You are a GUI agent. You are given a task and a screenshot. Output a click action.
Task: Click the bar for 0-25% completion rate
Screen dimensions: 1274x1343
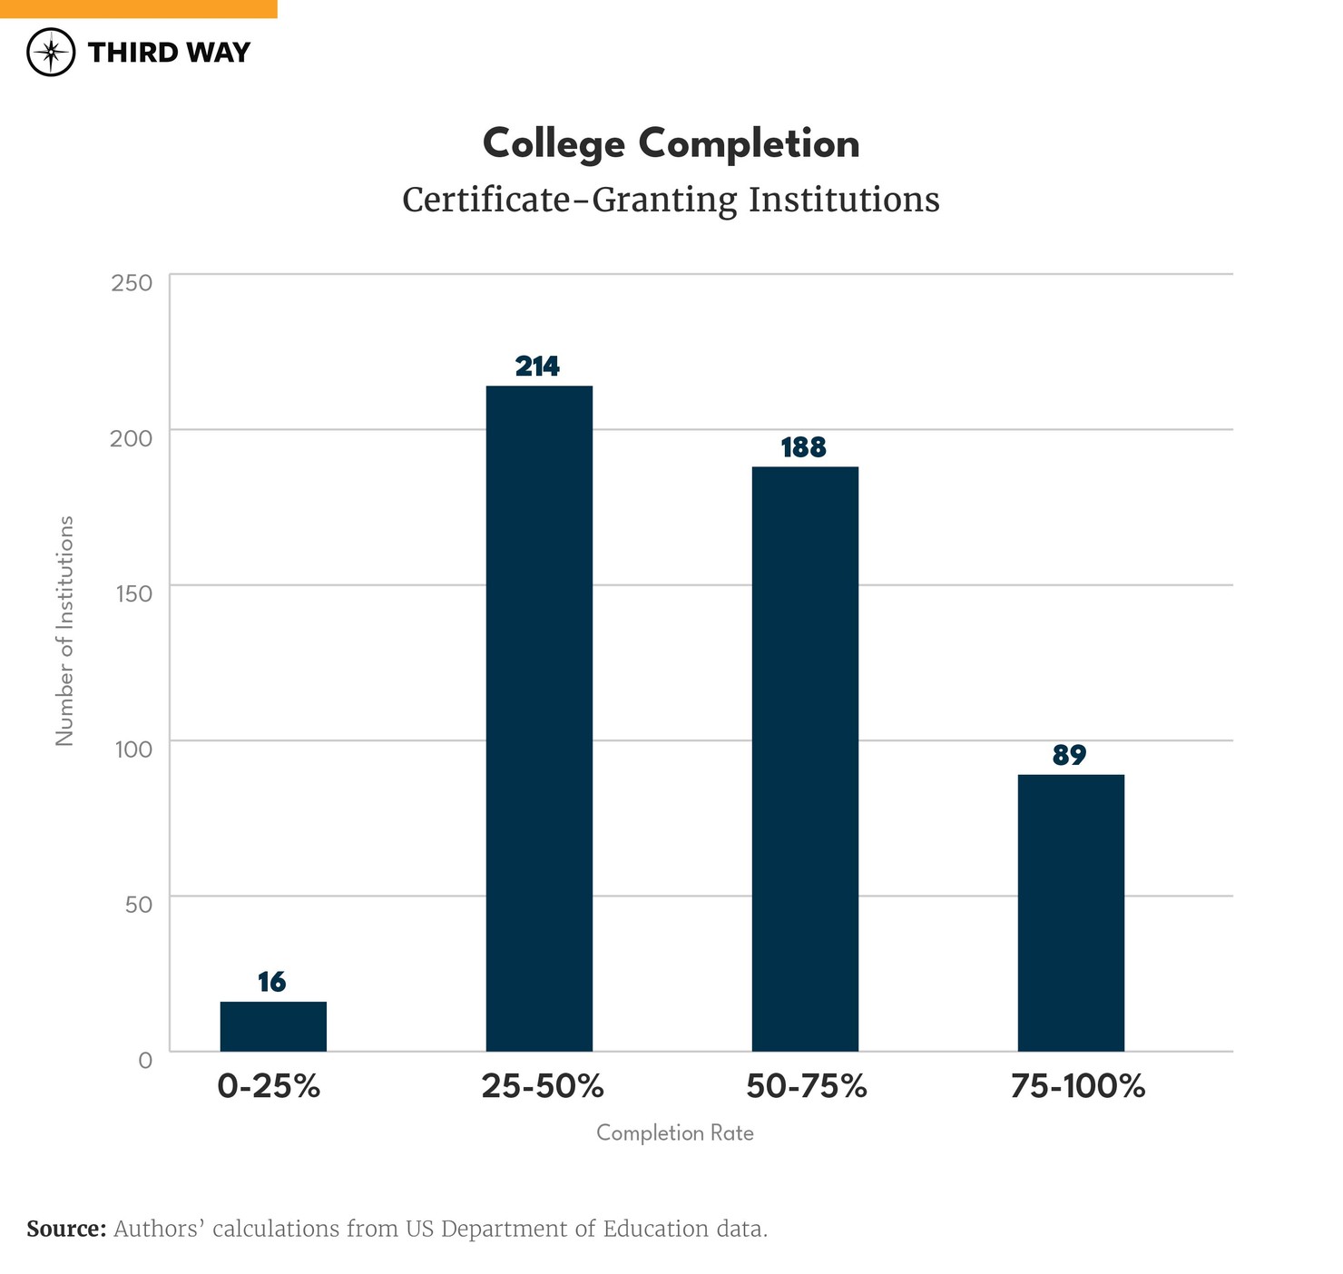(273, 1026)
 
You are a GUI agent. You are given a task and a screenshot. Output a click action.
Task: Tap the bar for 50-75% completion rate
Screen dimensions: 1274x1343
(805, 759)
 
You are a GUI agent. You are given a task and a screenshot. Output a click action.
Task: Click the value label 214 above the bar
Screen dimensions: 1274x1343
(538, 367)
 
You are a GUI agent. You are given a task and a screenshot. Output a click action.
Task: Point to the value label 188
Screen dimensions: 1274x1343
(804, 447)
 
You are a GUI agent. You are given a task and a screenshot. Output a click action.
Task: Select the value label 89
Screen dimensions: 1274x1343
(1070, 755)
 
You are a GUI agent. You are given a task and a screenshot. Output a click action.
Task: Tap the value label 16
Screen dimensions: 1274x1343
(271, 982)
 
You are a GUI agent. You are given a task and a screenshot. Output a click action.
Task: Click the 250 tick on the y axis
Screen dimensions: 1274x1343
(132, 282)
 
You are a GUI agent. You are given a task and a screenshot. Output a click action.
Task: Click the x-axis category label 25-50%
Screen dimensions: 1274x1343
(543, 1086)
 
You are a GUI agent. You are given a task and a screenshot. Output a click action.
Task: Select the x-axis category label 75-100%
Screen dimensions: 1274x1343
(1078, 1086)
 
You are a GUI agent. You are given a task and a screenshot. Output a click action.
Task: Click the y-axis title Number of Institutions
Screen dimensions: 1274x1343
(64, 631)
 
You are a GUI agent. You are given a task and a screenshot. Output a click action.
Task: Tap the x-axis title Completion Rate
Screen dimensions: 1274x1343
(675, 1133)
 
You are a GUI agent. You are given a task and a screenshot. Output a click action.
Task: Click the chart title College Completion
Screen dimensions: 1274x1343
(671, 144)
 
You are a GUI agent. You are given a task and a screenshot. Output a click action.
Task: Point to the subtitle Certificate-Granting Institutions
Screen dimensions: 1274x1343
(671, 200)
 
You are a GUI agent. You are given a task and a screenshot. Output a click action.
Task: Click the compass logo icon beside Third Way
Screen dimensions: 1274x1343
(51, 52)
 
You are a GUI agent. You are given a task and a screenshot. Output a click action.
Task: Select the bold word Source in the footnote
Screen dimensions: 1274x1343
(66, 1230)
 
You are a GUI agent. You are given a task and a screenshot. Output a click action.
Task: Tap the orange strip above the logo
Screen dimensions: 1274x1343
(138, 8)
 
